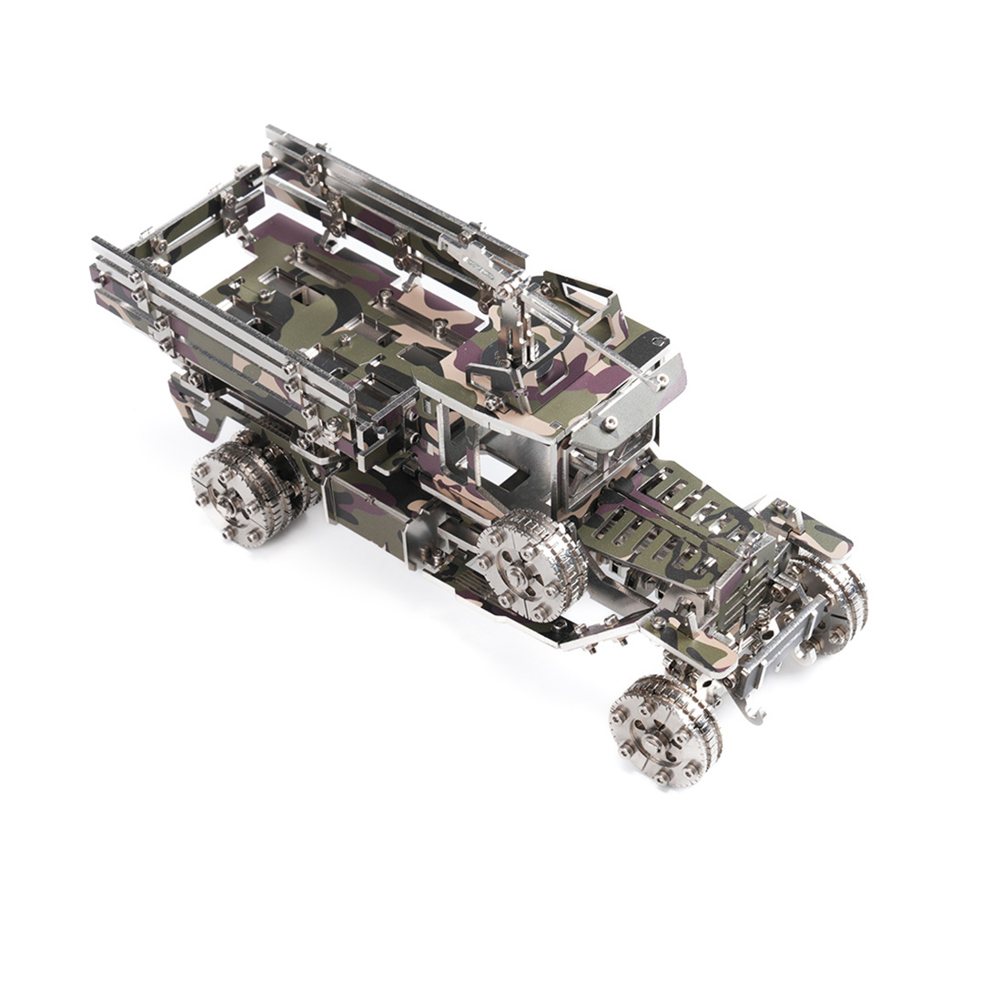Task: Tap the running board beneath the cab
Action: pos(582,628)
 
